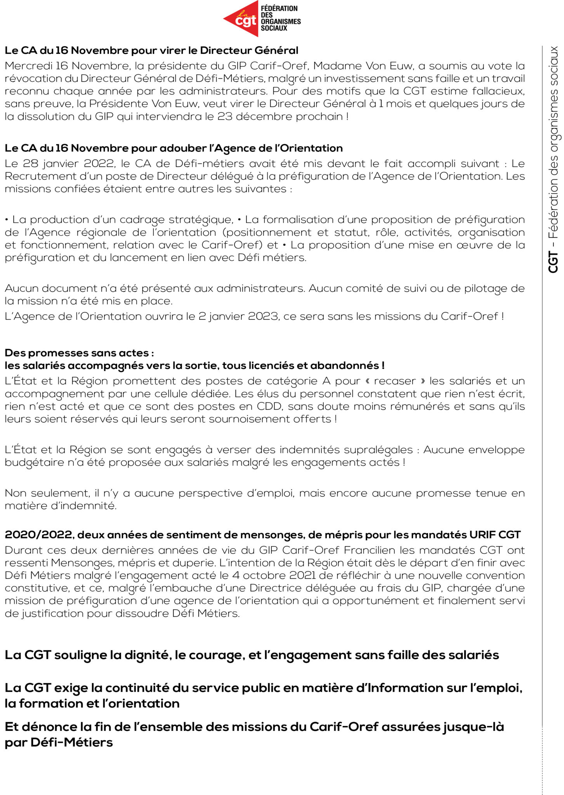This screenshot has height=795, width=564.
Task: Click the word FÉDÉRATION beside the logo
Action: pyautogui.click(x=279, y=9)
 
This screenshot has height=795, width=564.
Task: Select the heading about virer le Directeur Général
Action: pyautogui.click(x=151, y=50)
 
